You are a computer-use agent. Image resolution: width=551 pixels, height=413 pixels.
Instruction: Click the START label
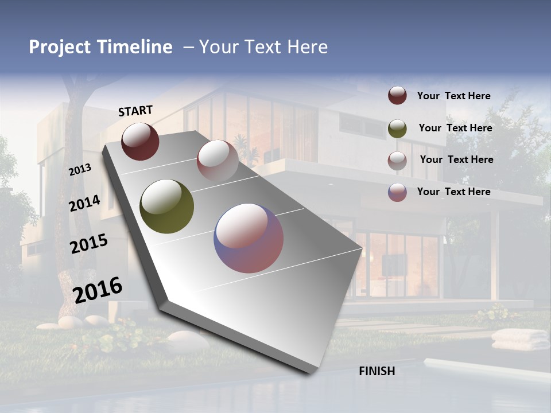tap(135, 111)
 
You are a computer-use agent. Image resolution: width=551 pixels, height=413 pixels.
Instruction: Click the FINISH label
tap(377, 371)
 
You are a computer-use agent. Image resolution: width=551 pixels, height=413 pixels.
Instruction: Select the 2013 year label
tap(80, 170)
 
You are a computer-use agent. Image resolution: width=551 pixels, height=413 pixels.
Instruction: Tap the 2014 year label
tap(84, 204)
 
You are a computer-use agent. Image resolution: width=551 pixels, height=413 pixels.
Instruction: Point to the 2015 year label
tap(88, 244)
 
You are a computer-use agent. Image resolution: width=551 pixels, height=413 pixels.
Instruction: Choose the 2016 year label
tap(98, 290)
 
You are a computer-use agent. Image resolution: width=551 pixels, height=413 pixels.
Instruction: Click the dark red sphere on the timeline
tap(140, 141)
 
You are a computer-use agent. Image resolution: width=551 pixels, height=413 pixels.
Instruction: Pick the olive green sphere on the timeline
tap(167, 206)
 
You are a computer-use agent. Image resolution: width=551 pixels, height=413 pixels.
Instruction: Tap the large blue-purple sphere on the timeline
tap(249, 238)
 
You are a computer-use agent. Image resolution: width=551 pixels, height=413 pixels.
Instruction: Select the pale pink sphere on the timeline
tap(218, 160)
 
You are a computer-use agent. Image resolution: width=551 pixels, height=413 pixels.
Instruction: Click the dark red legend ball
tap(397, 96)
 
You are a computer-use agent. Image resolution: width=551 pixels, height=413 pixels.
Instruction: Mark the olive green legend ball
tap(397, 128)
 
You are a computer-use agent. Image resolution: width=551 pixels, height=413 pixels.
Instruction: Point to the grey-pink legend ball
tap(397, 160)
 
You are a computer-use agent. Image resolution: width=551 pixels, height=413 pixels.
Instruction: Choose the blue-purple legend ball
tap(397, 192)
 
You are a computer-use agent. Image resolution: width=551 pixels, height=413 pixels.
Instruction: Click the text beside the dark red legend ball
tap(453, 96)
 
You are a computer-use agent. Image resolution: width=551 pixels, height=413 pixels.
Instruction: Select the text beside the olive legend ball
tap(455, 128)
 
